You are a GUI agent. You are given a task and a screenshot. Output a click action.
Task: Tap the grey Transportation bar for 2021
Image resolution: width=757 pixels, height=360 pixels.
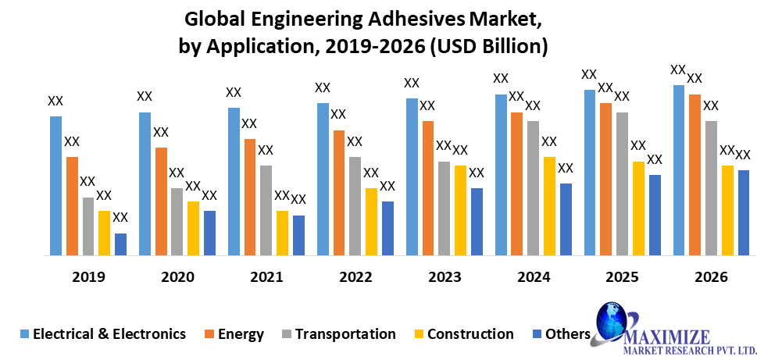(266, 210)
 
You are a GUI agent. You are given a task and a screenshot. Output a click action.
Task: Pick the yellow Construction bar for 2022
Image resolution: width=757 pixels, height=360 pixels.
(371, 222)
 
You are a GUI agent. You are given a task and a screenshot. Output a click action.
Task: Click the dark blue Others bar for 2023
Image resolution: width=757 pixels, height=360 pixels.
(477, 222)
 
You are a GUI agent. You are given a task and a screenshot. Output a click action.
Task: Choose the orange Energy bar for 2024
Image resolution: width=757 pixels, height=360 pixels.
(517, 184)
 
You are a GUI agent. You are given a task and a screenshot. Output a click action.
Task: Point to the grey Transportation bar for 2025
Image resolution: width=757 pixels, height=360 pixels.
(622, 184)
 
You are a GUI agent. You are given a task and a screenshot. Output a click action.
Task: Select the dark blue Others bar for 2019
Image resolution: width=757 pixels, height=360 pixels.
(120, 244)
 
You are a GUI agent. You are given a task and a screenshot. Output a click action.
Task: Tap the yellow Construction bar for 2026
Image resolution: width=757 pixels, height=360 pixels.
(727, 210)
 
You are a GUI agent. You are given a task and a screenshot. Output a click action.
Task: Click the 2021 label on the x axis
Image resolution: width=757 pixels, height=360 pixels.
(266, 277)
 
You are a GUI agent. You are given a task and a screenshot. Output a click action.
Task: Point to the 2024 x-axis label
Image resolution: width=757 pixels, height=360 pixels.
(534, 277)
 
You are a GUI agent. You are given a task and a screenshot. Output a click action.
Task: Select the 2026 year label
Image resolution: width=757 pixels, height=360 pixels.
(711, 277)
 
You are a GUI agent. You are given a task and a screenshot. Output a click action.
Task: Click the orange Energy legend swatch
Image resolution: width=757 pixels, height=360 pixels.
(209, 334)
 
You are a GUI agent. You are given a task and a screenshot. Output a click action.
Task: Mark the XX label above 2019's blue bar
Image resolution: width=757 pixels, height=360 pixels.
(55, 101)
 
